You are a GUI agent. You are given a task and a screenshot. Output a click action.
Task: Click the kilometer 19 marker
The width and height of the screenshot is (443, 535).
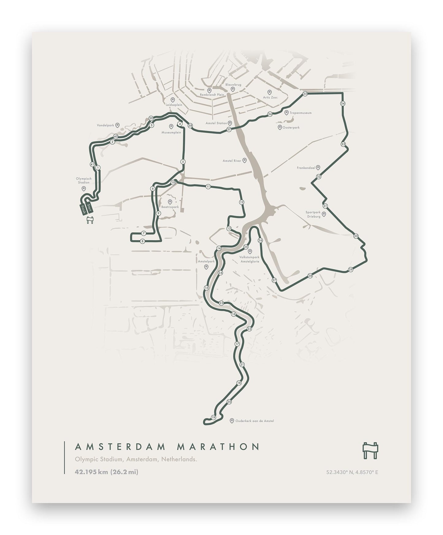(x=214, y=417)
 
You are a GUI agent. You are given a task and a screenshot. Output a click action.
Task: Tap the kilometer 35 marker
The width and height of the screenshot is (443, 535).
(x=305, y=94)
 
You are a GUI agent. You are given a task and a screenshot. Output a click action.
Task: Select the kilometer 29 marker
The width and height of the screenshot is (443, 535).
(x=351, y=269)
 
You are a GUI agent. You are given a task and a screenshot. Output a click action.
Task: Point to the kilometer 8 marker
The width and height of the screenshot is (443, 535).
(x=142, y=241)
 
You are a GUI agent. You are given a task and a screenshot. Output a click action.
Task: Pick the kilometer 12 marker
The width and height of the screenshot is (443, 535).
(x=242, y=202)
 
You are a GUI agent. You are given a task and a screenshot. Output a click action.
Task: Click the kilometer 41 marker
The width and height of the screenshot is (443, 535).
(x=92, y=164)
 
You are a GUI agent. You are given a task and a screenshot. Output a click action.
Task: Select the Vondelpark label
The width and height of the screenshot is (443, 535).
(x=105, y=125)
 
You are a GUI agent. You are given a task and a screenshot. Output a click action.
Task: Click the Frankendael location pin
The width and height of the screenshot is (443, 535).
(x=318, y=167)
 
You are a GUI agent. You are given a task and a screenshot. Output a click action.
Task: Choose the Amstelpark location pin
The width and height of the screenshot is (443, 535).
(x=206, y=267)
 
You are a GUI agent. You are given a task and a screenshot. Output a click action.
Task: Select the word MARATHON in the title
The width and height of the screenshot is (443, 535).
(x=218, y=446)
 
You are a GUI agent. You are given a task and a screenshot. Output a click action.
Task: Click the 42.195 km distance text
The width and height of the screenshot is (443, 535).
(x=91, y=472)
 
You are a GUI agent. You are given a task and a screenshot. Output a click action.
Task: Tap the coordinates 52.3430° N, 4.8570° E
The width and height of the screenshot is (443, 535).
(x=352, y=472)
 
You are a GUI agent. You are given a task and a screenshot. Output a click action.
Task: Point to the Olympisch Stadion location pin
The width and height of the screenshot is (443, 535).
(x=83, y=189)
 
